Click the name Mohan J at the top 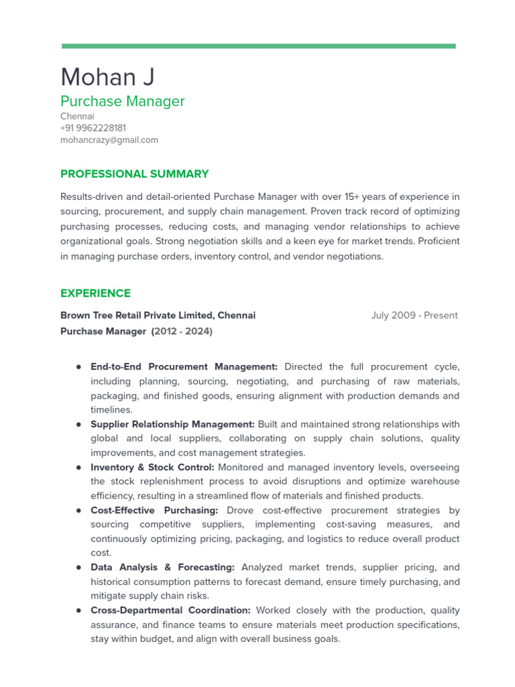tap(107, 77)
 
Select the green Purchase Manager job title tap(122, 101)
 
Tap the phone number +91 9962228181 tap(93, 127)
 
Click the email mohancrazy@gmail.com tap(109, 140)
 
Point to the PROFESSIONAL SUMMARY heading tap(134, 174)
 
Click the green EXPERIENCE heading tap(95, 293)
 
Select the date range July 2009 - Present tap(414, 315)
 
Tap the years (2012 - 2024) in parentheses tap(182, 331)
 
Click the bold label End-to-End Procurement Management tap(184, 367)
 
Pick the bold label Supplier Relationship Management tap(172, 424)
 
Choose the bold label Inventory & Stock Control tap(152, 467)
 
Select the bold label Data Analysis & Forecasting tap(162, 568)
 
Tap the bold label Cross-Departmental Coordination tap(170, 611)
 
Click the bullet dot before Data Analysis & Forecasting tap(78, 568)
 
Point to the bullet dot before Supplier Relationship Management tap(78, 424)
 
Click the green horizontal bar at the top tap(258, 46)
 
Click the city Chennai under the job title tap(77, 116)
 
